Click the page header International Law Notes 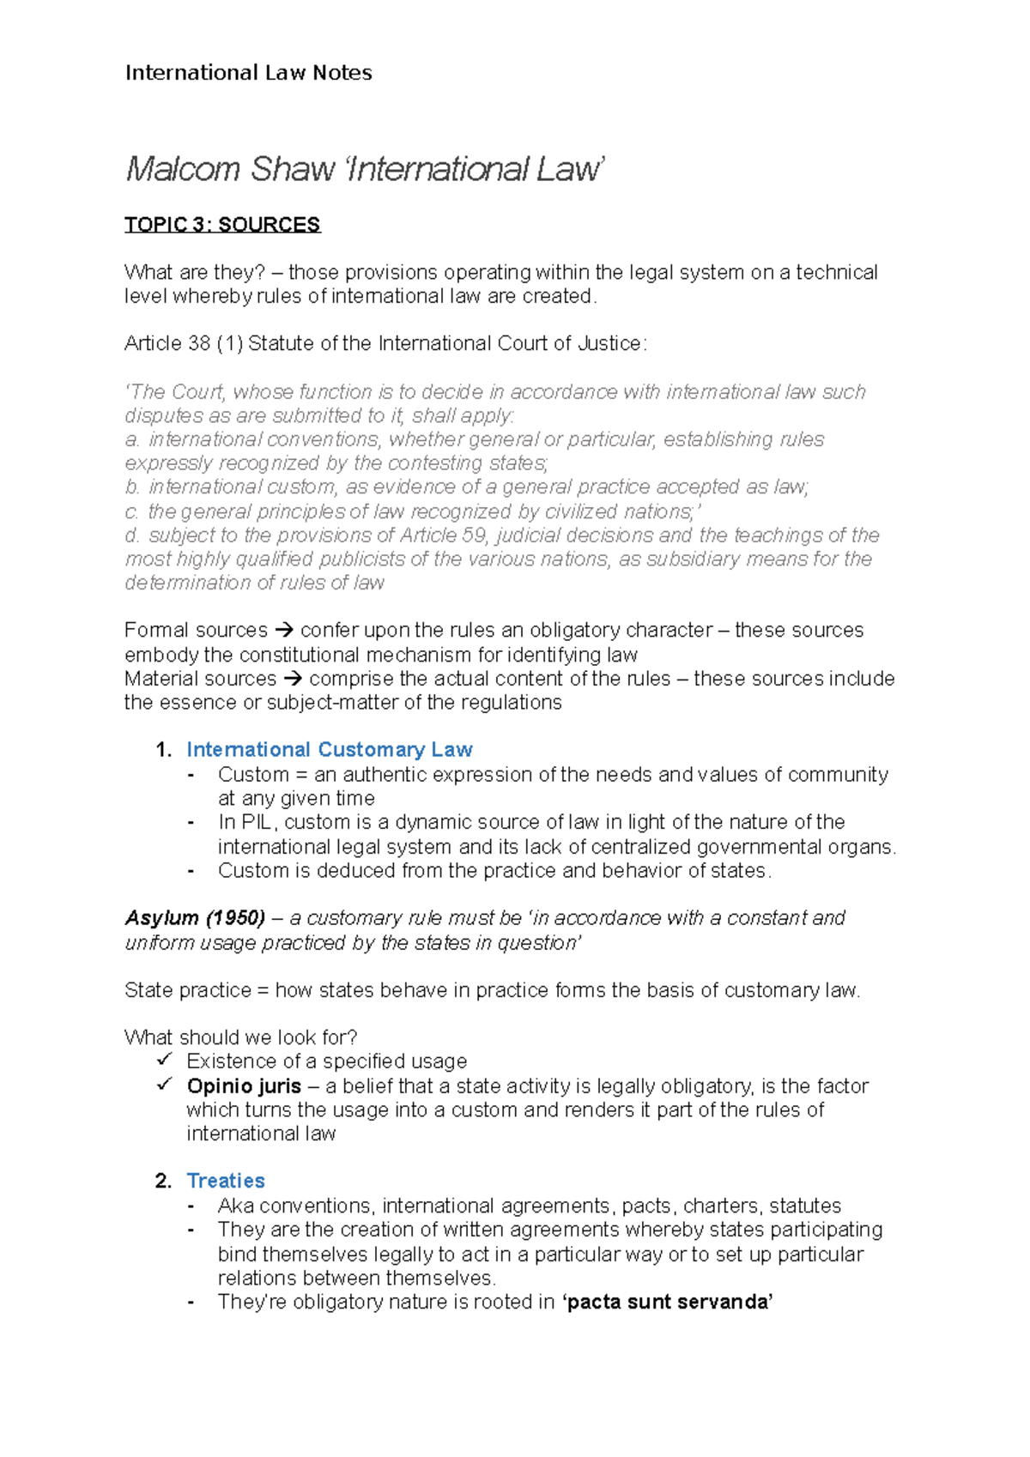(248, 73)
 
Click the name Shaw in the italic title (292, 169)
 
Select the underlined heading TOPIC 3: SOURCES (221, 225)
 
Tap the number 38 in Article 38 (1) (198, 344)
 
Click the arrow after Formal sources (283, 631)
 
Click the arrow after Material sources (292, 679)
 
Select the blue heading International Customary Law (329, 750)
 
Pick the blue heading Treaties (226, 1181)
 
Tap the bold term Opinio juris (244, 1086)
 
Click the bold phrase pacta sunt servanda (667, 1302)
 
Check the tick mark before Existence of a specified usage (165, 1061)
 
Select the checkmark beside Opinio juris (165, 1085)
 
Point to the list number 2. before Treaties (163, 1181)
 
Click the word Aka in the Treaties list (235, 1206)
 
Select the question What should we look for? (240, 1037)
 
